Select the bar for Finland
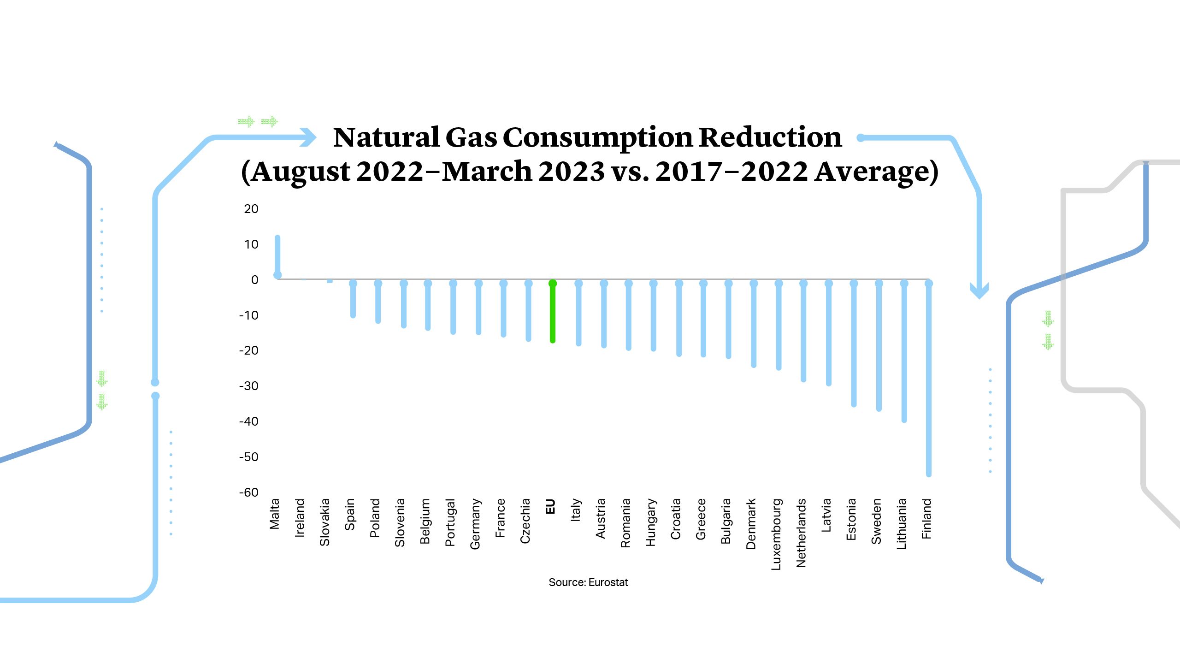click(x=929, y=378)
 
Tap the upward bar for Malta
click(x=277, y=256)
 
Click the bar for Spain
click(x=353, y=300)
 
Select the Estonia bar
click(x=854, y=344)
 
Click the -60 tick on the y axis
click(x=249, y=492)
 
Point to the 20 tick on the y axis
click(x=251, y=209)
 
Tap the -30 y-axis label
click(x=249, y=386)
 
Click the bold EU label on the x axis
click(x=550, y=506)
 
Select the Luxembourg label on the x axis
click(x=776, y=534)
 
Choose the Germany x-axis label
click(x=475, y=524)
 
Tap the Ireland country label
click(x=300, y=517)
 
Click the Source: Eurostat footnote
click(x=588, y=582)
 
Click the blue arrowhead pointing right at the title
click(x=308, y=137)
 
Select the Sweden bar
click(x=879, y=346)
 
